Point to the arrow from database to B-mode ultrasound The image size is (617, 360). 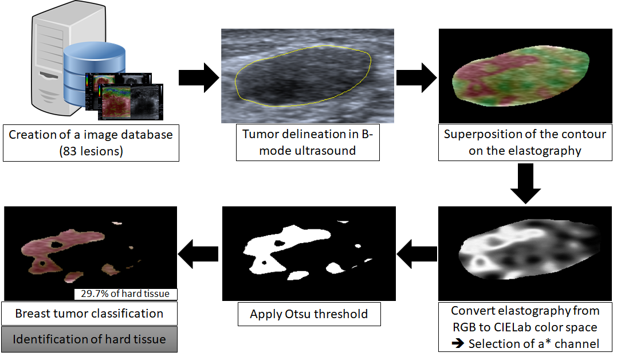coord(199,77)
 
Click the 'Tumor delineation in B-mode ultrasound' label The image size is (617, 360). coord(308,142)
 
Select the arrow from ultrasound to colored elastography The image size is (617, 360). coord(416,77)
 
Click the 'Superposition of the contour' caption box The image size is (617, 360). coord(525,142)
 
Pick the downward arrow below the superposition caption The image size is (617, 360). coord(525,183)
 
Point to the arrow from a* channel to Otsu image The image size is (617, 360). coord(416,253)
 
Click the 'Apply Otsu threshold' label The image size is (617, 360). coord(309,314)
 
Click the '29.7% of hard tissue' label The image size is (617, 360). coord(125,294)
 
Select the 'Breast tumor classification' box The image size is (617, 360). coord(89,314)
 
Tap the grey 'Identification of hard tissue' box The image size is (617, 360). coord(89,339)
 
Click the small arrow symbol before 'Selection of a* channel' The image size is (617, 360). coord(458,343)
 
